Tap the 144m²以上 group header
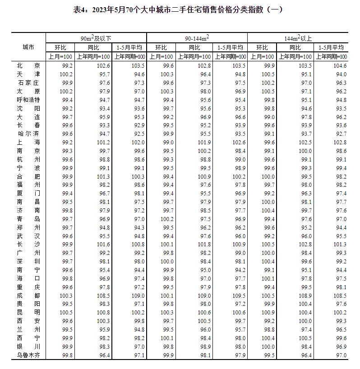point(298,38)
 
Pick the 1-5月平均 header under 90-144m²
point(230,47)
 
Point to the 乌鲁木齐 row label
point(28,356)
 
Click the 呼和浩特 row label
point(28,100)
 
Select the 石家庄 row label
point(28,83)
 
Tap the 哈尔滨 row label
point(28,134)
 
